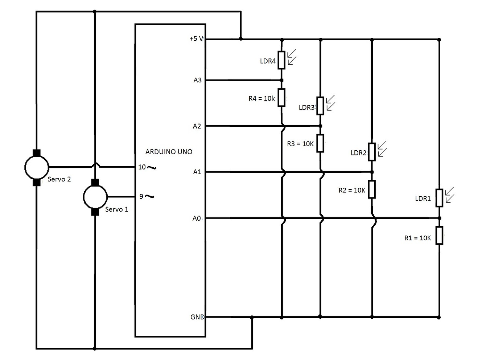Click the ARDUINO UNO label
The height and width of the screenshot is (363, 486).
pyautogui.click(x=169, y=152)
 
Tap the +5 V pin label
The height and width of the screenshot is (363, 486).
pyautogui.click(x=196, y=38)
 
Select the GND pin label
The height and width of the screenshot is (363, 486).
pyautogui.click(x=197, y=317)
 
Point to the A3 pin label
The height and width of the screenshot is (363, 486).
pyautogui.click(x=197, y=80)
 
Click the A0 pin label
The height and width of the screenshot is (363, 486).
pyautogui.click(x=197, y=218)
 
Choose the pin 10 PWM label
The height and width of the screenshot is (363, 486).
pyautogui.click(x=147, y=167)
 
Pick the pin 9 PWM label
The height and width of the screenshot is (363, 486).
pyautogui.click(x=147, y=196)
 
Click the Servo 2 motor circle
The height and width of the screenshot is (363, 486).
pyautogui.click(x=37, y=167)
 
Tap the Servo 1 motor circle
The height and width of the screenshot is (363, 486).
pyautogui.click(x=95, y=197)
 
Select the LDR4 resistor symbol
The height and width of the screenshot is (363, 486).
pyautogui.click(x=282, y=60)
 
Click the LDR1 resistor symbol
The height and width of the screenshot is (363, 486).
pyautogui.click(x=439, y=198)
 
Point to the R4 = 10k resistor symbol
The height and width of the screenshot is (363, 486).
pyautogui.click(x=282, y=97)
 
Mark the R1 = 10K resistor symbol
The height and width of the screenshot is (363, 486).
pyautogui.click(x=439, y=235)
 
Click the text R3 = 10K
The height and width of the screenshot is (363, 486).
pyautogui.click(x=300, y=144)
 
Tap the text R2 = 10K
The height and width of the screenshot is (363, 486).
pyautogui.click(x=352, y=190)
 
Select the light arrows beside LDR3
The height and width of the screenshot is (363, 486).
pyautogui.click(x=330, y=103)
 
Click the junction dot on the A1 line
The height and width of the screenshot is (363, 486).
pyautogui.click(x=372, y=172)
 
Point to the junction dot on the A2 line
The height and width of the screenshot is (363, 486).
pyautogui.click(x=320, y=126)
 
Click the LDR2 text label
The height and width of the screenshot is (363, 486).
pyautogui.click(x=359, y=153)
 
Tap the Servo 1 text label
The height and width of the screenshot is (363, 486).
pyautogui.click(x=116, y=209)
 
